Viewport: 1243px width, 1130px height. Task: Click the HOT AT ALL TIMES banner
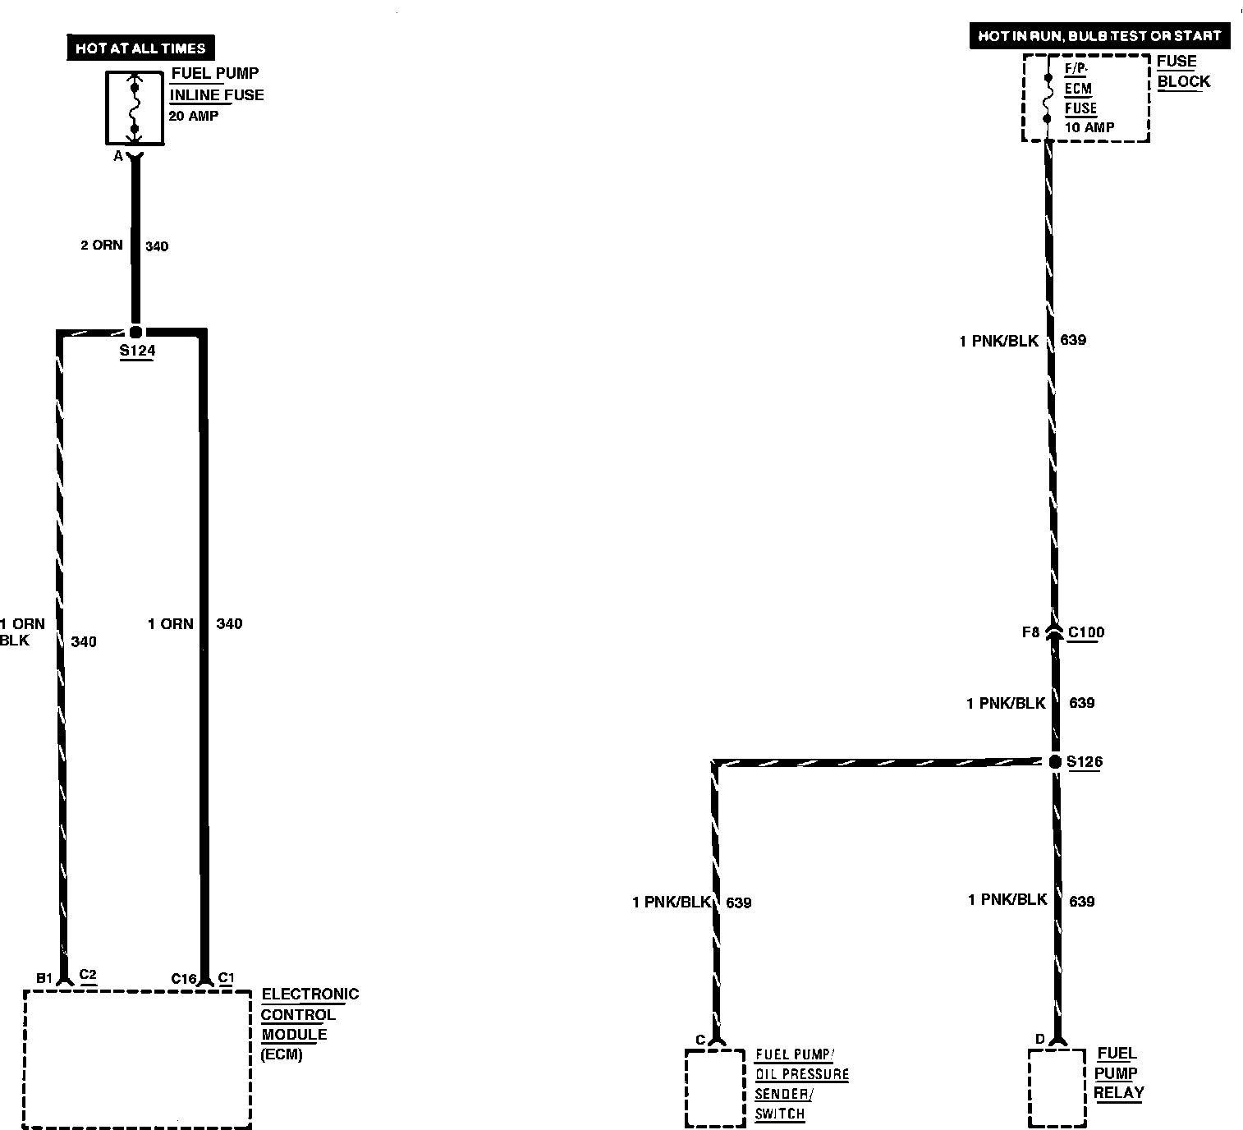140,48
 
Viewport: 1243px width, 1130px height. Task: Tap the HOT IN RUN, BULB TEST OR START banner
1099,36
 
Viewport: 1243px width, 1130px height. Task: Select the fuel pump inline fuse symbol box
135,107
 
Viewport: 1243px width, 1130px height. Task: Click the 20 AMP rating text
194,116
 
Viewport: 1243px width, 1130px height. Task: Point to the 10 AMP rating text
1089,127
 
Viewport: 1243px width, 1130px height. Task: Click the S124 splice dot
136,332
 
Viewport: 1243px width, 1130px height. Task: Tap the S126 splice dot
1055,762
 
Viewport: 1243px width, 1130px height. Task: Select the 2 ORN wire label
101,246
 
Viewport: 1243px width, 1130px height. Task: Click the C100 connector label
1086,632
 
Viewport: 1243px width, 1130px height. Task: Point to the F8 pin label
1030,632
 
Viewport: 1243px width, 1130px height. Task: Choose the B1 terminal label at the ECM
44,978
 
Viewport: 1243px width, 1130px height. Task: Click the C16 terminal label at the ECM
184,978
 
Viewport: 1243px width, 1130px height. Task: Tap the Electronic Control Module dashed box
137,1059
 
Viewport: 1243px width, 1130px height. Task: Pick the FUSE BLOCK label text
1183,71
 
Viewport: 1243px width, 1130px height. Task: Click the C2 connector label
88,976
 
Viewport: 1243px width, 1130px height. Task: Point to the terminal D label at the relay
1039,1040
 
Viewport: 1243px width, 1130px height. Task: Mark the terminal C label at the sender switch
700,1040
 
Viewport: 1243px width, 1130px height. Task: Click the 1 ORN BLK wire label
23,632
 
